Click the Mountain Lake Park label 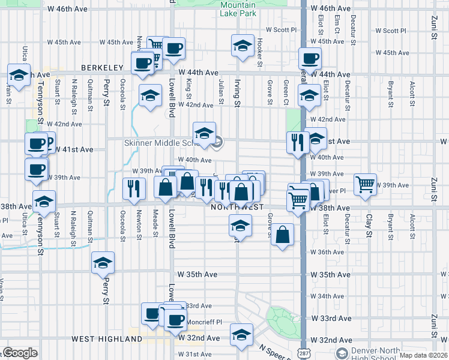point(238,8)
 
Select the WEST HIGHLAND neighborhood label point(106,339)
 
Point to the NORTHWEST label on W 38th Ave point(238,207)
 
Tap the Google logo point(20,353)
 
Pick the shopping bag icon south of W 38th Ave point(282,235)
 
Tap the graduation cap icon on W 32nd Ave point(242,333)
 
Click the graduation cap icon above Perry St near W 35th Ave point(103,262)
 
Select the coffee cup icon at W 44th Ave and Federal point(310,58)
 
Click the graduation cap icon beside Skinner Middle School point(204,132)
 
